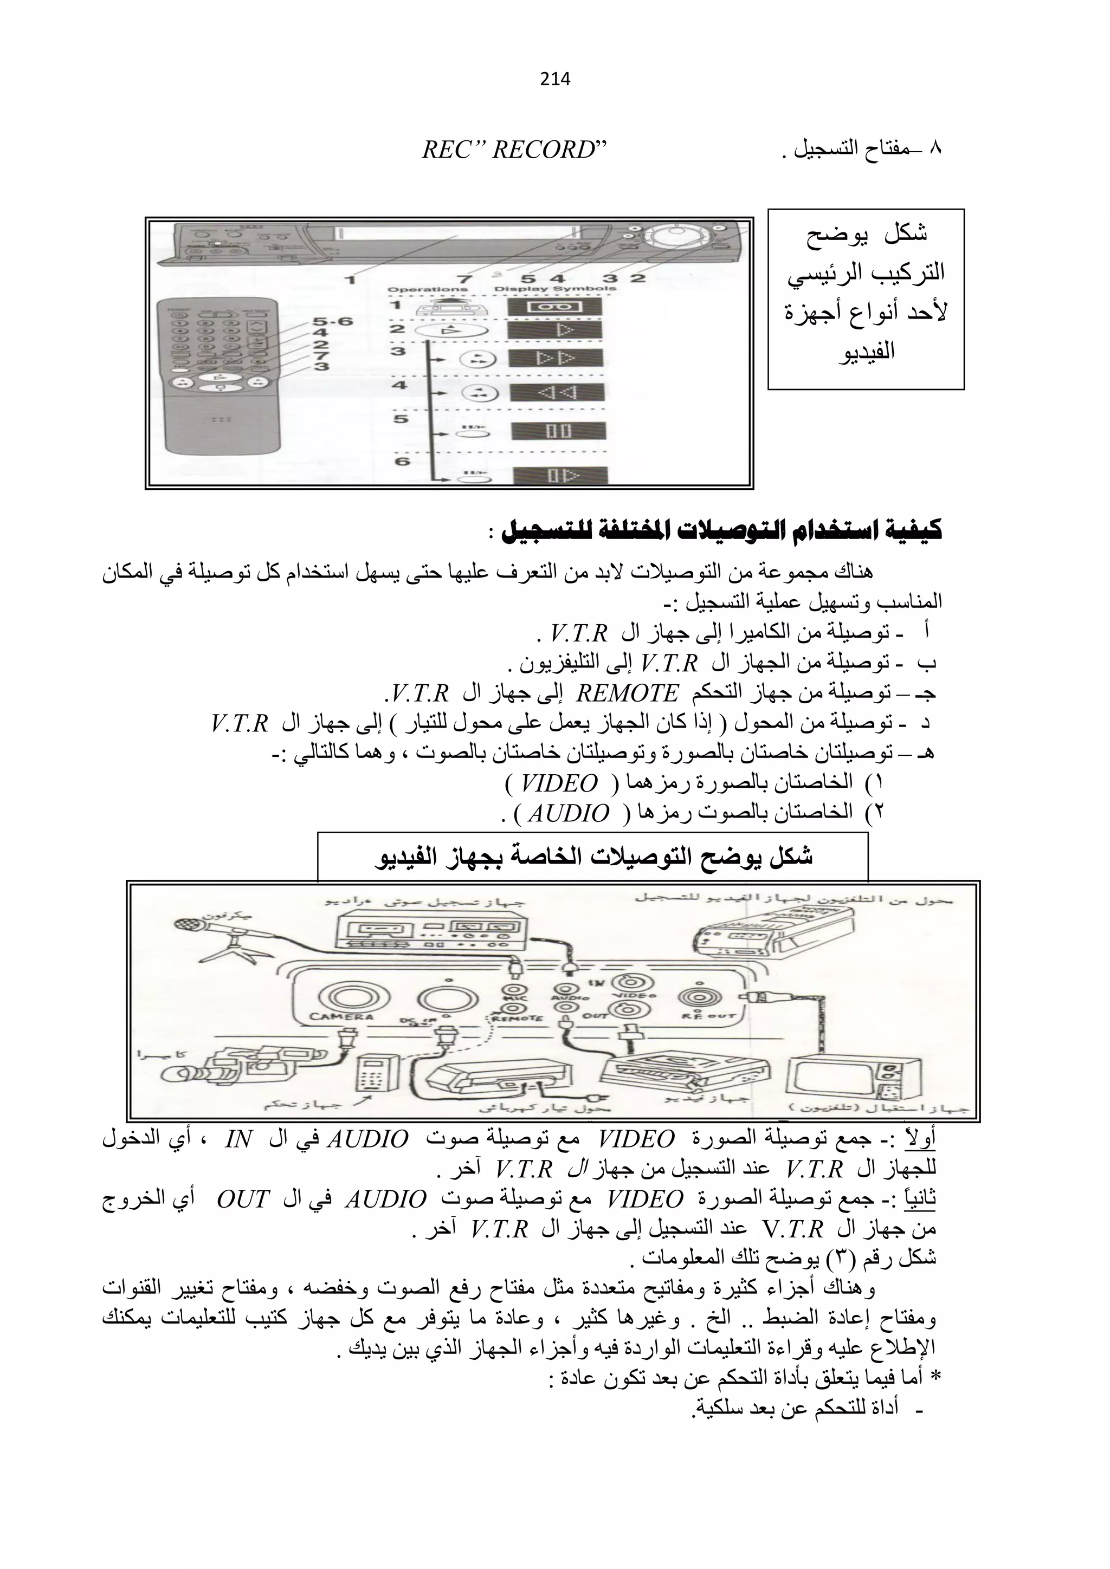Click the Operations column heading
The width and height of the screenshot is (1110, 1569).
[x=427, y=289]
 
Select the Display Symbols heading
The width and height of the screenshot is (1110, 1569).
[x=554, y=288]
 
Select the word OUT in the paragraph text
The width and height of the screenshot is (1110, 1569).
[x=243, y=1198]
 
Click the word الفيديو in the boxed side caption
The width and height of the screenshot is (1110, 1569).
[x=866, y=352]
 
